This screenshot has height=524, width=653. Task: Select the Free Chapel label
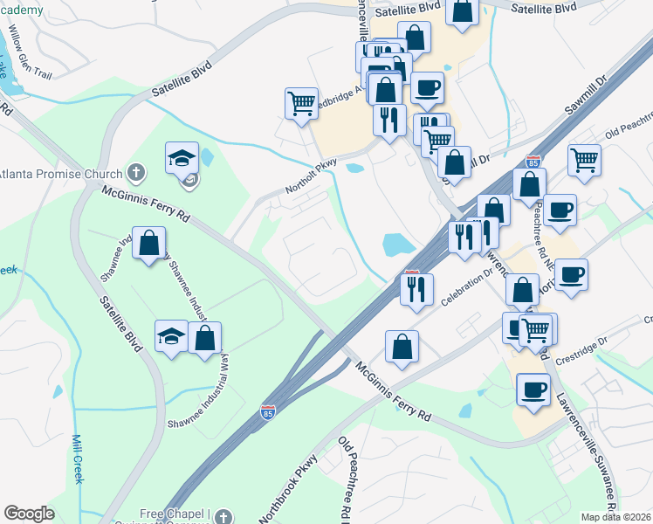click(175, 514)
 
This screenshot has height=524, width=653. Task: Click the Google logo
click(29, 514)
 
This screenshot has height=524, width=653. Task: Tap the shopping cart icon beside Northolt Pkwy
click(301, 103)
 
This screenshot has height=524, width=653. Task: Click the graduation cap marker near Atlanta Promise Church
click(182, 157)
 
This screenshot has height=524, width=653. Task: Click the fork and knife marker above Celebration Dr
click(416, 288)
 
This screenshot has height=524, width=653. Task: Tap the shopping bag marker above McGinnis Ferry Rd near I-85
click(402, 346)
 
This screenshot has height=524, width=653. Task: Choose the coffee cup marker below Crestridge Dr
click(533, 390)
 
